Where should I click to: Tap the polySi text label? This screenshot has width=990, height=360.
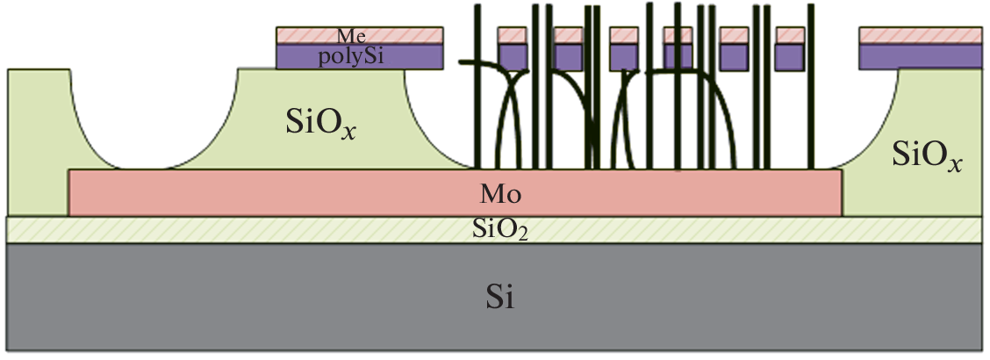click(352, 57)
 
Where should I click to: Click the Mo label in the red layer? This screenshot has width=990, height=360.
click(497, 192)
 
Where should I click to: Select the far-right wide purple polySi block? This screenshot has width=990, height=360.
click(920, 56)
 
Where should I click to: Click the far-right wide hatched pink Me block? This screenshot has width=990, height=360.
click(920, 35)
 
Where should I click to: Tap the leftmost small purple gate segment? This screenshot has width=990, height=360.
click(513, 56)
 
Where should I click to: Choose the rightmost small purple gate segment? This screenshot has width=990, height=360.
click(790, 56)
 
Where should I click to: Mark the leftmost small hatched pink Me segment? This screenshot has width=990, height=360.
click(513, 35)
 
